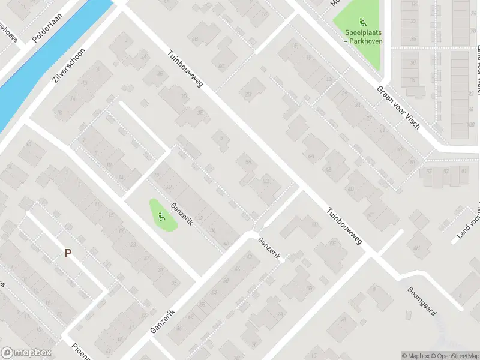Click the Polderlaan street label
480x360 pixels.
tap(44, 29)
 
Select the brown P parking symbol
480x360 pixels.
tap(68, 254)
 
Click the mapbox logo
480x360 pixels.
tap(25, 352)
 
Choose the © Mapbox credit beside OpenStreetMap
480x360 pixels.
tap(415, 356)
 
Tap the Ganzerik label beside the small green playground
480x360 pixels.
tap(180, 213)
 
